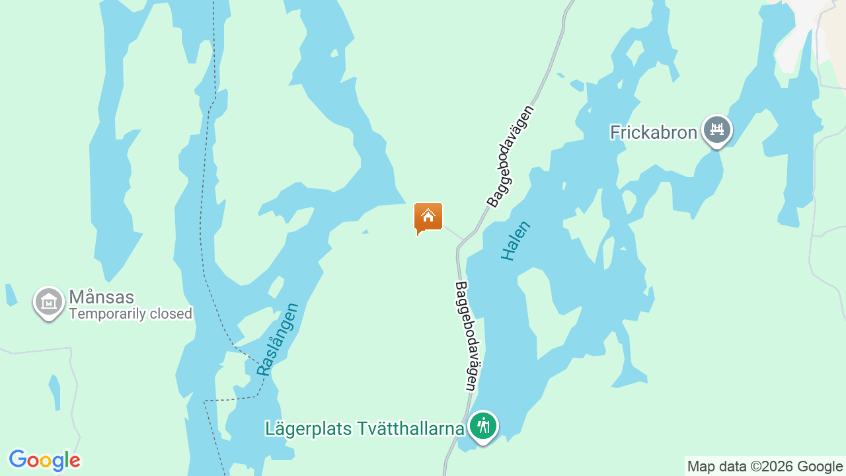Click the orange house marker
(x=428, y=218)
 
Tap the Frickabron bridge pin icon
(x=716, y=130)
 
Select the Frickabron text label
(x=653, y=132)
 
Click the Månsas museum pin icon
(x=48, y=302)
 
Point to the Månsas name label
(x=101, y=297)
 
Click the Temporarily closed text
(x=130, y=314)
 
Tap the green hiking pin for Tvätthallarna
(x=483, y=426)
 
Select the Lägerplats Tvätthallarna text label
(x=365, y=428)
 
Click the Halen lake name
(x=516, y=241)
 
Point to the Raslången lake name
(x=278, y=339)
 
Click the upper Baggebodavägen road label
(x=510, y=156)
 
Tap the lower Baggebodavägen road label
(x=467, y=336)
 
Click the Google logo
(x=44, y=460)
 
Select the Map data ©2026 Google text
(x=765, y=467)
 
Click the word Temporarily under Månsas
(x=108, y=314)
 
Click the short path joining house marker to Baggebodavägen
(x=453, y=232)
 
